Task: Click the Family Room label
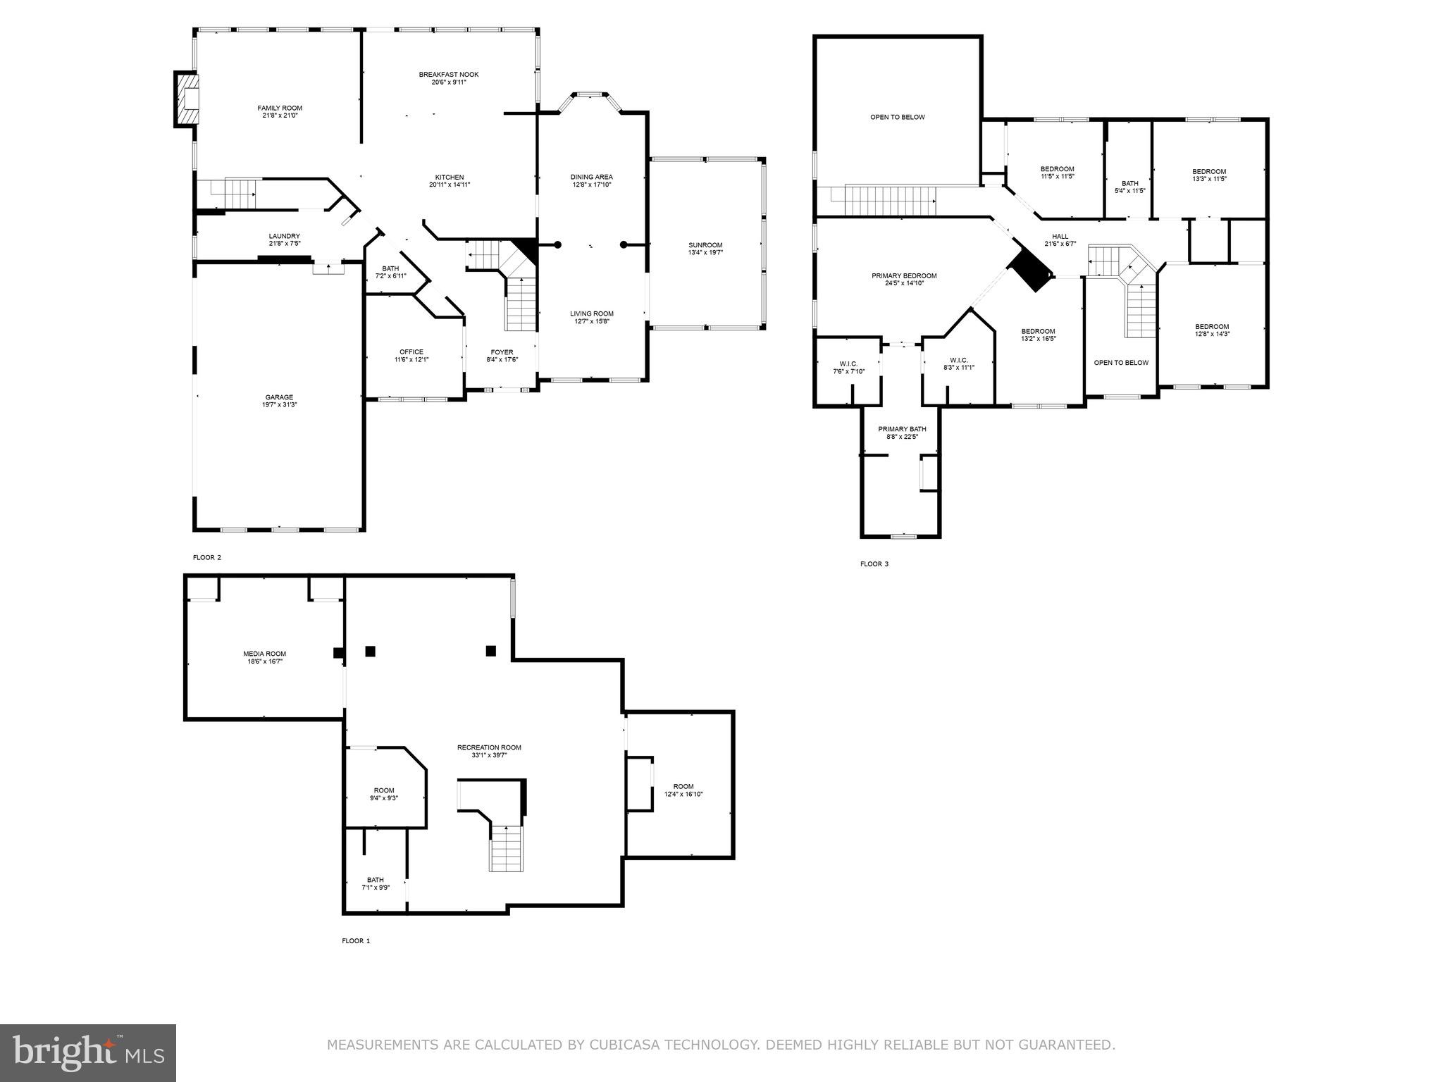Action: [x=280, y=108]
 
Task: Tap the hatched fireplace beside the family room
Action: [x=187, y=99]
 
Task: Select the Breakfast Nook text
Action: [x=449, y=74]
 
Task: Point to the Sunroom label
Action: [x=705, y=245]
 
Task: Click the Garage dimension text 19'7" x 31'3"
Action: [x=280, y=405]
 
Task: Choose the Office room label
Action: [x=411, y=352]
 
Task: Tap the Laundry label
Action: [x=284, y=236]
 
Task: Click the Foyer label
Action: [x=502, y=352]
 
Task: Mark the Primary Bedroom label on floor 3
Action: [x=904, y=275]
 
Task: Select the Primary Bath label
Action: [x=902, y=429]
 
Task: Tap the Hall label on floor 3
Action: [x=1060, y=237]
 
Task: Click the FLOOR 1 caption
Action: [x=356, y=940]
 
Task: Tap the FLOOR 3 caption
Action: [x=874, y=564]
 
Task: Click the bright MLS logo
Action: [x=88, y=1053]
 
